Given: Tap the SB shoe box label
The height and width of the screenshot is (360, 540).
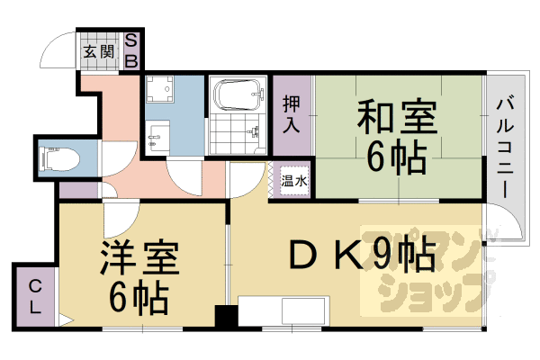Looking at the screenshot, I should pyautogui.click(x=130, y=50).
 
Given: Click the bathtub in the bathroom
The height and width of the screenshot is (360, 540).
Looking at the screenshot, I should pyautogui.click(x=238, y=93).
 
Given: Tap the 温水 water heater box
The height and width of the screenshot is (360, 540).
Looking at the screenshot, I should pyautogui.click(x=293, y=181).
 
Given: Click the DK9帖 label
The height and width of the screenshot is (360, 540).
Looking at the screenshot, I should pyautogui.click(x=360, y=256).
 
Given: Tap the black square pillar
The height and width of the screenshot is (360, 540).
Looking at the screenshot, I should pyautogui.click(x=224, y=318).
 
